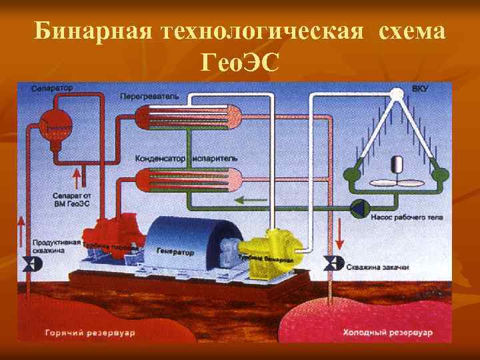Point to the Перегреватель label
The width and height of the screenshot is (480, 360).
pos(150,96)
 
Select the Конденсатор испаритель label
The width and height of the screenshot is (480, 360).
pos(186,159)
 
